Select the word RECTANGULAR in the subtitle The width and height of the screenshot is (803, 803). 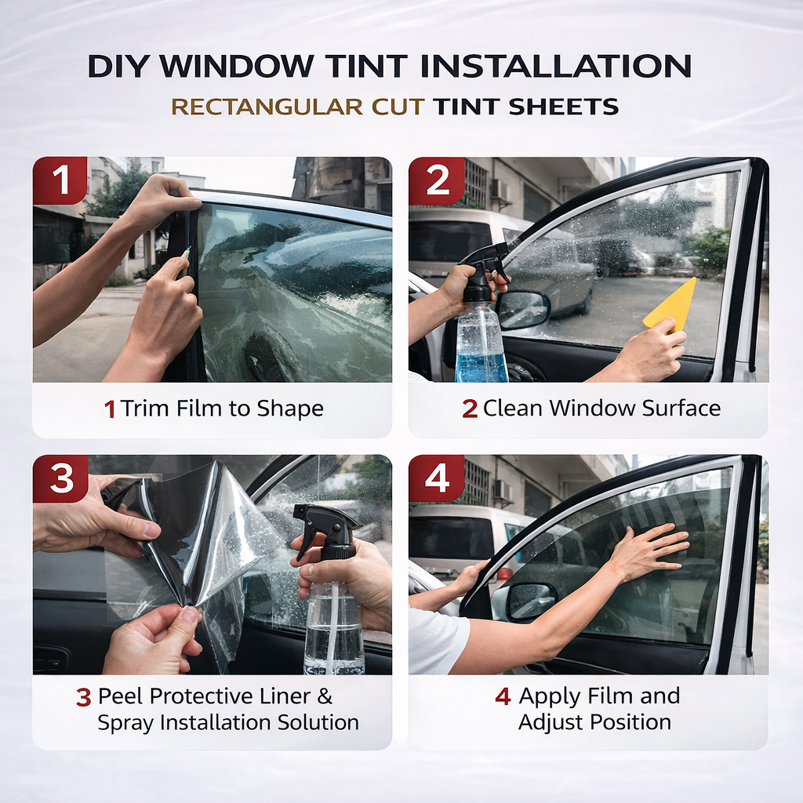267,107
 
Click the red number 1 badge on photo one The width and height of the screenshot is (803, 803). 60,180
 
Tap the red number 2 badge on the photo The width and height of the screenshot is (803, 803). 436,180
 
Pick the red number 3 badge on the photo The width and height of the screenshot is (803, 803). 61,478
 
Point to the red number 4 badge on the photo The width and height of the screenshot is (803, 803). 436,478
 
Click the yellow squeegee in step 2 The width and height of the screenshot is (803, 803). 670,305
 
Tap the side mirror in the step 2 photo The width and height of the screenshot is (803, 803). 522,311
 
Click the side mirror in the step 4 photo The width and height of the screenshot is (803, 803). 531,601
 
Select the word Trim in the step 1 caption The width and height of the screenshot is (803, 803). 146,409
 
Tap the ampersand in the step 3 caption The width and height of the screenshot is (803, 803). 325,696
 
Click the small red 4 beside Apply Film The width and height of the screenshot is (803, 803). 503,696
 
